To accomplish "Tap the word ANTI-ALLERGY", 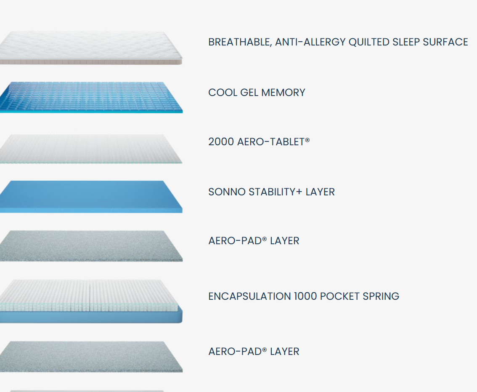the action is pos(310,42).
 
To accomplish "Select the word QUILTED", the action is pos(369,42).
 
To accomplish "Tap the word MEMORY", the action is pos(283,93).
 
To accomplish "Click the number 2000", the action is pos(221,142).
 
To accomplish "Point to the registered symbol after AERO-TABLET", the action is pos(307,140).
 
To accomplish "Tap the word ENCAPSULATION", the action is pos(249,296).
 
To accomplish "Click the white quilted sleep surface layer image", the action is pos(91,48).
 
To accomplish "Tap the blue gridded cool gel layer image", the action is pos(91,97).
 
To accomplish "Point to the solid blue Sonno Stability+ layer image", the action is pos(91,197).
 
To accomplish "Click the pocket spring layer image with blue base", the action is pos(91,301).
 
